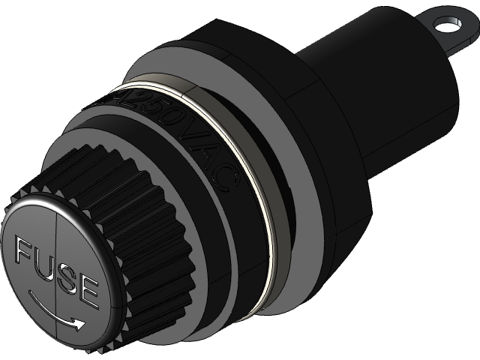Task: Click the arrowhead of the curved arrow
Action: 77,323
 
